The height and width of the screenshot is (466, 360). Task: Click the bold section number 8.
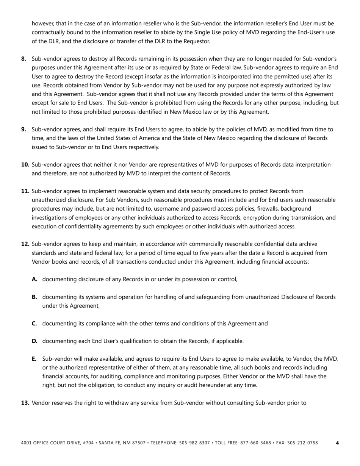click(x=23, y=59)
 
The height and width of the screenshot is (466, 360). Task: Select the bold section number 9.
click(x=23, y=129)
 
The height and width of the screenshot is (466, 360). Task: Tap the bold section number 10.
click(x=25, y=164)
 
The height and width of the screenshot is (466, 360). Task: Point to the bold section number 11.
click(x=25, y=191)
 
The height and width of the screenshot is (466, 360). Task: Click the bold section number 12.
click(x=25, y=244)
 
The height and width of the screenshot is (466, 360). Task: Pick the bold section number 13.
click(x=25, y=403)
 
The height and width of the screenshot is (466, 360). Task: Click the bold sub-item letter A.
click(x=34, y=279)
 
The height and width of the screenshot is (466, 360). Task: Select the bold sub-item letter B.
click(x=34, y=297)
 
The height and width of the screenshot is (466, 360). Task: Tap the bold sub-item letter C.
click(x=34, y=324)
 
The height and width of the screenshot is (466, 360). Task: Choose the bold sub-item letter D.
click(x=34, y=341)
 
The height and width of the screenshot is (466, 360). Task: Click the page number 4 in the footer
click(x=337, y=443)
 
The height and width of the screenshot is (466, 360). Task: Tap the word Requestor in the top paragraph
click(x=197, y=41)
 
